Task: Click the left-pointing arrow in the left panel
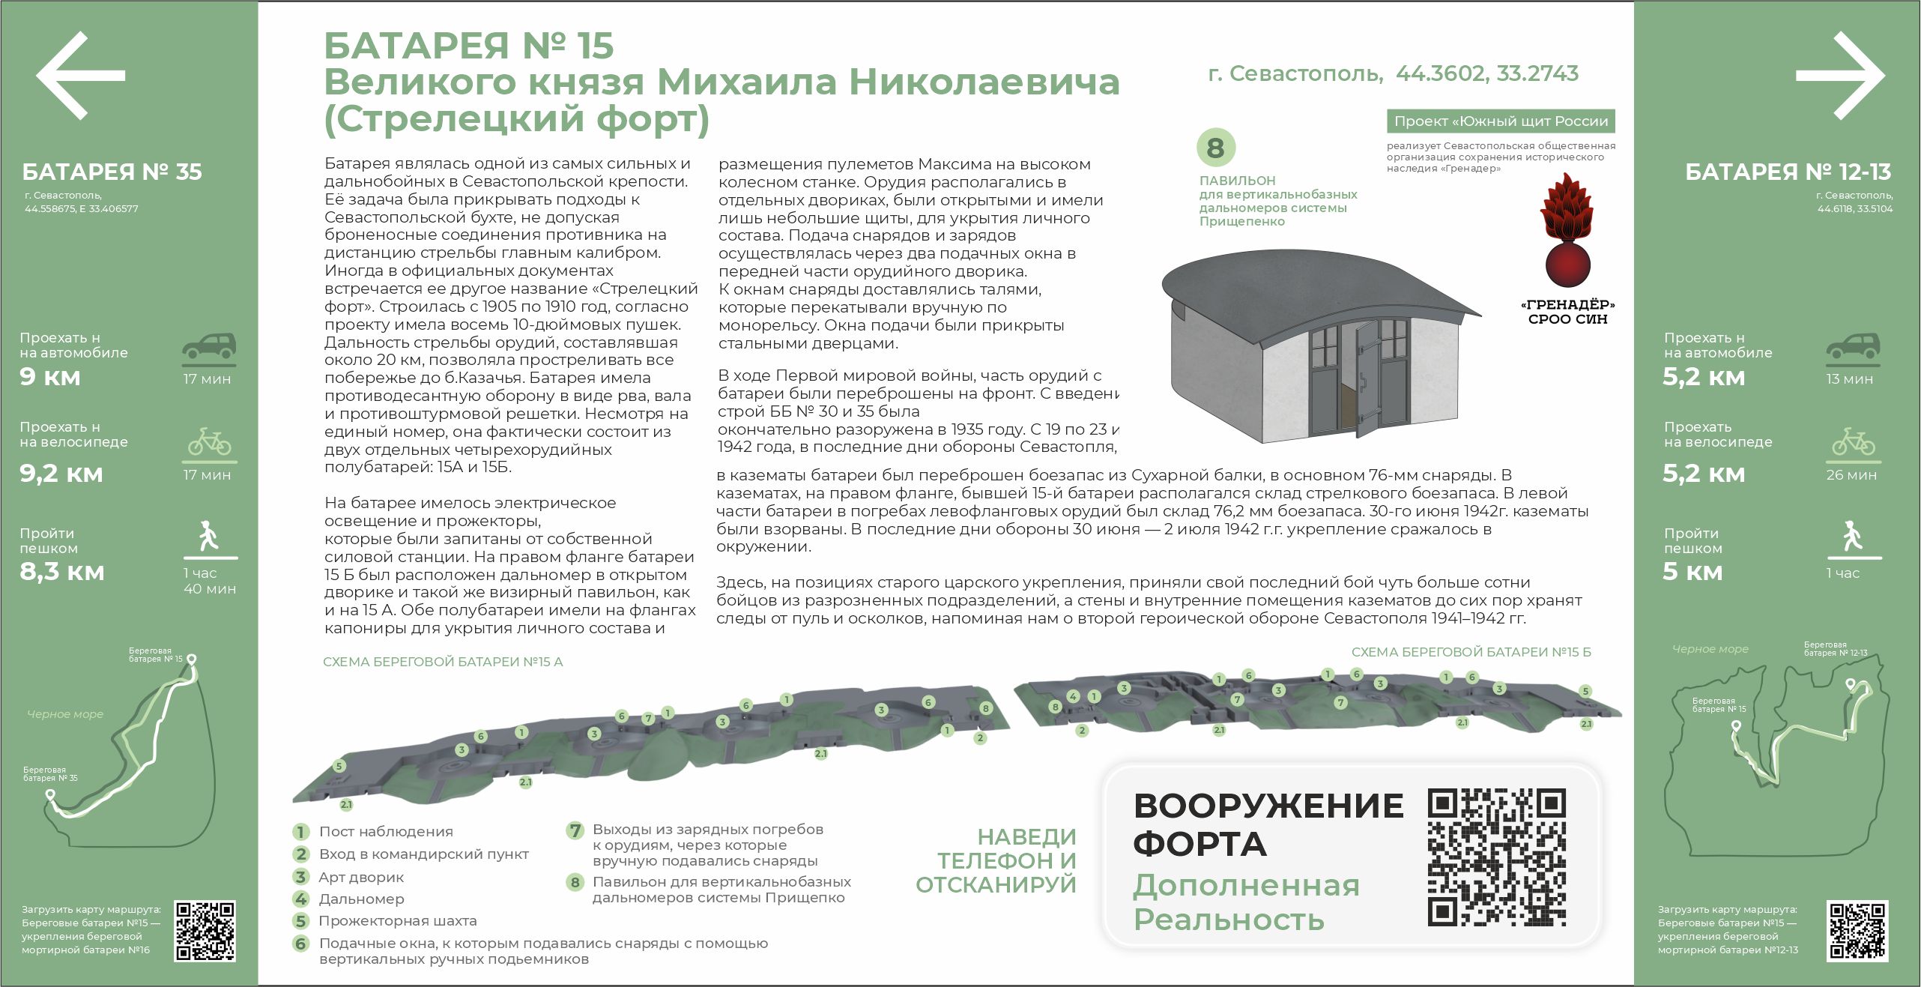pos(80,75)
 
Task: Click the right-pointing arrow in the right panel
pos(1839,75)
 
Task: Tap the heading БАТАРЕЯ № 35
pos(112,172)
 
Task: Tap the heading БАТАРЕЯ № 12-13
pos(1788,172)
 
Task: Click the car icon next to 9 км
pos(209,346)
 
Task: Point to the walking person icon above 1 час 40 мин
pos(209,536)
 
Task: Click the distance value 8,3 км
pos(62,572)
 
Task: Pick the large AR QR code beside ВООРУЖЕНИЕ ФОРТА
pos(1496,857)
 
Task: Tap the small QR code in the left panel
pos(205,931)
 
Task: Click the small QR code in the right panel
pos(1857,931)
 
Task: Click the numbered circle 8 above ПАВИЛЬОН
pos(1215,148)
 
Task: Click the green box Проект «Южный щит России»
pos(1500,121)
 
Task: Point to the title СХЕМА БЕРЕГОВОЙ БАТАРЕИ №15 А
pos(443,662)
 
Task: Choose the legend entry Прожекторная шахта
pos(397,921)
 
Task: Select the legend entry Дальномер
pos(361,899)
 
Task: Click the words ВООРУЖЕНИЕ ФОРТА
pos(1268,824)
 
